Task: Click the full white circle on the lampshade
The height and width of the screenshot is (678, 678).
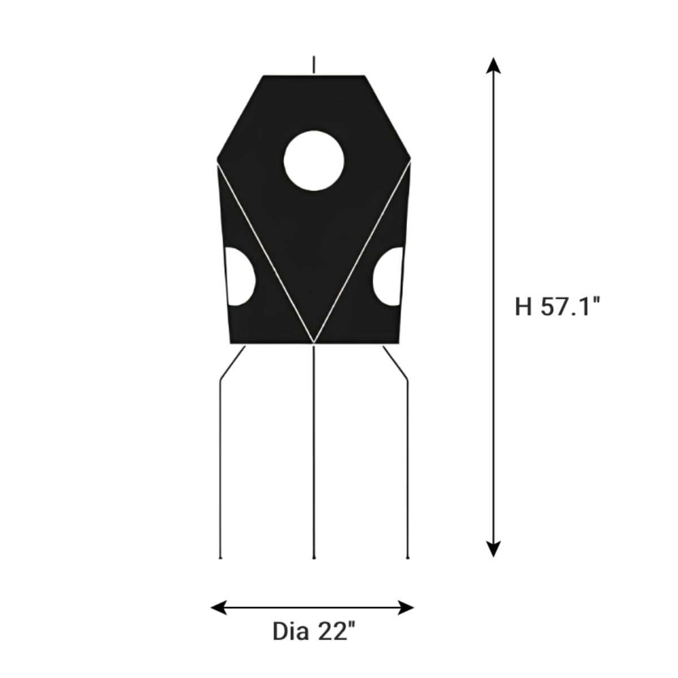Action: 314,160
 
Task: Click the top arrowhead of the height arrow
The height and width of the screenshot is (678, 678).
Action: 494,65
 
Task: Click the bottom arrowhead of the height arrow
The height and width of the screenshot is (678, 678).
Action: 494,549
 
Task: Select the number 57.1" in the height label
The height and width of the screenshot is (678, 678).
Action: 570,307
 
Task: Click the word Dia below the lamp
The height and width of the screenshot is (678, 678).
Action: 290,631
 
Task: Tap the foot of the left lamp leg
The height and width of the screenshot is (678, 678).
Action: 220,558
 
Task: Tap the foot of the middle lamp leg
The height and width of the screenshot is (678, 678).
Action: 314,558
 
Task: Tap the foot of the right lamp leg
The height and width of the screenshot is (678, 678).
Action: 407,558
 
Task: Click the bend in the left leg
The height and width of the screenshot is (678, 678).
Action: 221,380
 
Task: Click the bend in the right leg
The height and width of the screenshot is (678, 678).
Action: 407,380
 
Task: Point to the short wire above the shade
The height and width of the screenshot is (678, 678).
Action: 314,64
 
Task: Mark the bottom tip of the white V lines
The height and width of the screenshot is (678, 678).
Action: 314,343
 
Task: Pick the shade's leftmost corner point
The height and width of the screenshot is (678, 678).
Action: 218,160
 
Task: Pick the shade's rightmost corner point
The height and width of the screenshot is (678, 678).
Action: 411,160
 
